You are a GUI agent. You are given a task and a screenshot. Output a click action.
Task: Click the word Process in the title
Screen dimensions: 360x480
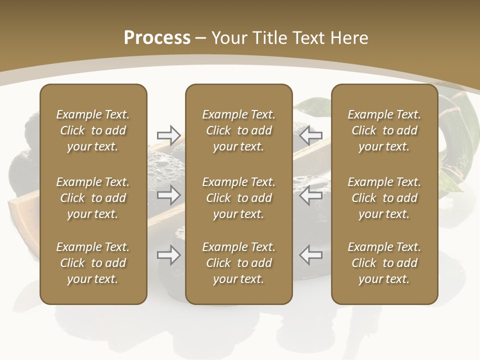pos(157,37)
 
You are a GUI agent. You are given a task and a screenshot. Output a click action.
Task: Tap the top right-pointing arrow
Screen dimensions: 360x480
pos(168,134)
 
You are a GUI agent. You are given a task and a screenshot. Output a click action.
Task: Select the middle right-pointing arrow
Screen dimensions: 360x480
pos(168,195)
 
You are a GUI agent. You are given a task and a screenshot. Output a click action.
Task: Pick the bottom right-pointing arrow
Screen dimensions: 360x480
pos(168,255)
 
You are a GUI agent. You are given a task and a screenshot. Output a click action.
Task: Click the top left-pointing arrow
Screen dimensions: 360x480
pos(310,134)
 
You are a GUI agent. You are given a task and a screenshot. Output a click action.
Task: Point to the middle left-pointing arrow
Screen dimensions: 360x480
pos(310,195)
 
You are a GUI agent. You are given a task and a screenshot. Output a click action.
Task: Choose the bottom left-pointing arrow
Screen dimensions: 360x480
pos(310,255)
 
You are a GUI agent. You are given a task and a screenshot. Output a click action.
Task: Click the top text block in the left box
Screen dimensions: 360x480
pos(93,130)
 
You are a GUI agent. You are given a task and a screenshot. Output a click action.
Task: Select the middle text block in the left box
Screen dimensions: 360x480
pos(93,198)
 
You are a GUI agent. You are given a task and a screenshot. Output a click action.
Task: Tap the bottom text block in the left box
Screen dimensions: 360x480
pos(93,263)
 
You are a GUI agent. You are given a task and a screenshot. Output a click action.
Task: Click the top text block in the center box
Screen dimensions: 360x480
pos(239,130)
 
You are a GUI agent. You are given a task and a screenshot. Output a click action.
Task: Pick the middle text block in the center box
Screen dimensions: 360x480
pos(239,198)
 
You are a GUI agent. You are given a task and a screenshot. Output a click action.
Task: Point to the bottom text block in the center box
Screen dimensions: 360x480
pos(239,263)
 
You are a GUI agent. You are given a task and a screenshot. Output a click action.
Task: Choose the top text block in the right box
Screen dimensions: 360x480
pos(384,130)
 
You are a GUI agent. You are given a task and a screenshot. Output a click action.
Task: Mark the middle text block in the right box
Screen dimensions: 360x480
pos(384,198)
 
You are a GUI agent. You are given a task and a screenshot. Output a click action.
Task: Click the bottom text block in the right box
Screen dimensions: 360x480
pos(384,263)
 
